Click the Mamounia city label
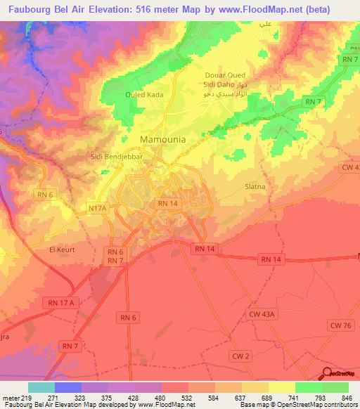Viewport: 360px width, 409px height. coord(163,139)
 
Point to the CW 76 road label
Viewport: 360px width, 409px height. coord(340,324)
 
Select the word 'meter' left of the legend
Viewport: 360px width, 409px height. coord(12,397)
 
